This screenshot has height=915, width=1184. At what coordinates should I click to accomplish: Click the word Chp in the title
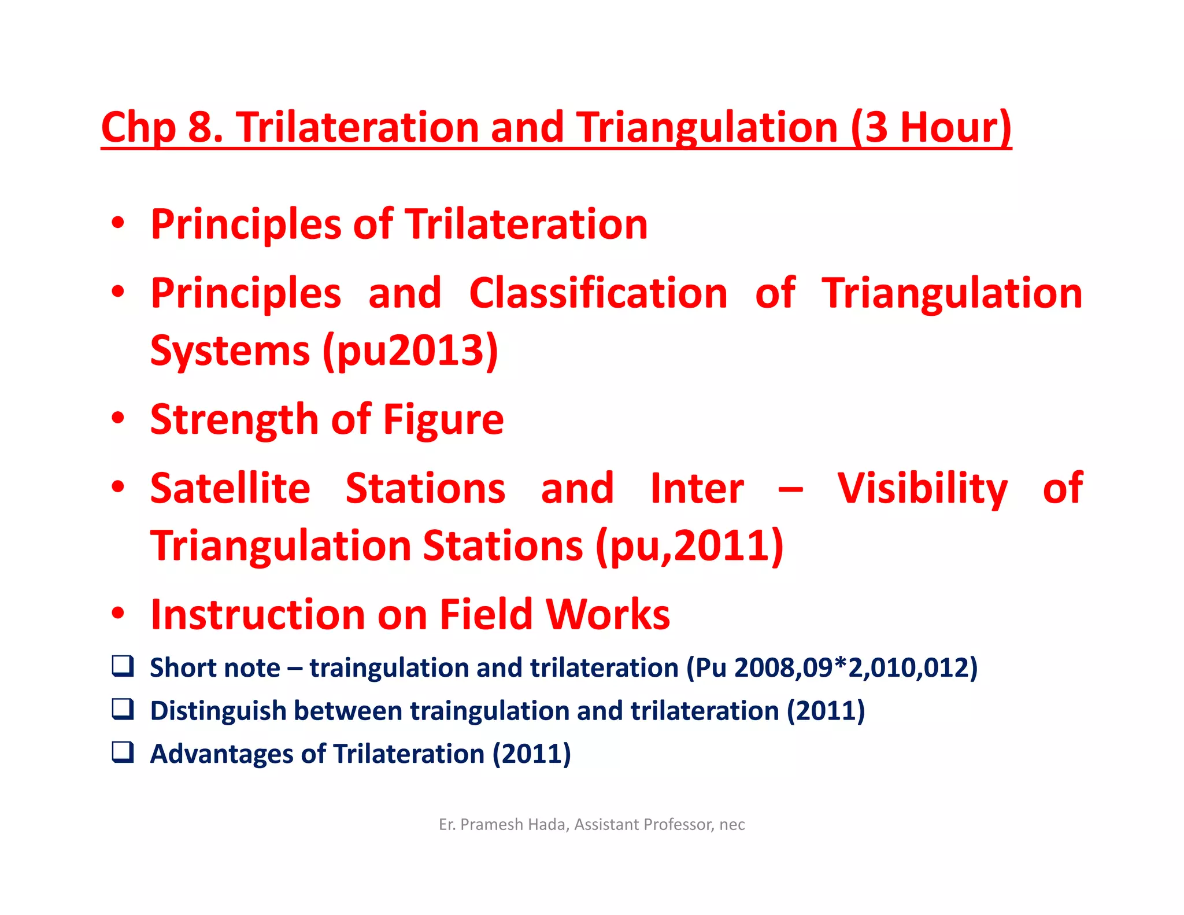(138, 128)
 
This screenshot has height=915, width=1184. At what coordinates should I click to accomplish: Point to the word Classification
(598, 293)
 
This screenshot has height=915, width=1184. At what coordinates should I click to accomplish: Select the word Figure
(443, 420)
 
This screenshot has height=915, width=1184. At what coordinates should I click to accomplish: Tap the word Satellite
(230, 489)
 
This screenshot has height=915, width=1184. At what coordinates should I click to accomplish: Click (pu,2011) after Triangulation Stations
(689, 545)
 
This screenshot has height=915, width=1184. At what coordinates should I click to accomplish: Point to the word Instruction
(257, 614)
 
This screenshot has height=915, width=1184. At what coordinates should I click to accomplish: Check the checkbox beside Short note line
(123, 666)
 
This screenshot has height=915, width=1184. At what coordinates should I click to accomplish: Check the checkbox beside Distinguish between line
(123, 709)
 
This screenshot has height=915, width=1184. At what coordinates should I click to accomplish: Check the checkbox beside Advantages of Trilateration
(123, 752)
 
